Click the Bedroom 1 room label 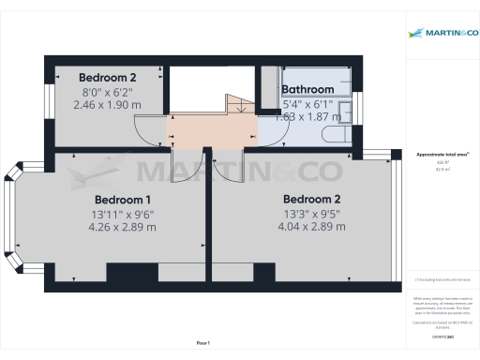pos(123,200)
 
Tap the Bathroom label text pos(307,90)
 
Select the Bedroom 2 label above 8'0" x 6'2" pos(108,77)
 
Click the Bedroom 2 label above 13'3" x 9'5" pos(311,199)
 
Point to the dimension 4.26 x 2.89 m pos(123,228)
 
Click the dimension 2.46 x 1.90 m pos(108,104)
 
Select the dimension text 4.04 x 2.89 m pos(311,227)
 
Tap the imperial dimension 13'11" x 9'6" pos(123,214)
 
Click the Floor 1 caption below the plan pos(203,344)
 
